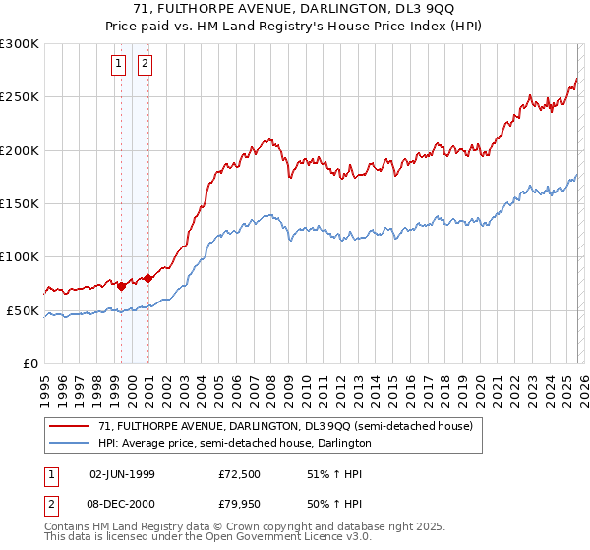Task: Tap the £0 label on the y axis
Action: [x=31, y=363]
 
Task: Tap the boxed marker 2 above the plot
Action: [x=146, y=65]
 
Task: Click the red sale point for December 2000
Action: [x=147, y=278]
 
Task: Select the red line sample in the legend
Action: [x=71, y=427]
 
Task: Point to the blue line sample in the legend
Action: [x=71, y=444]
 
